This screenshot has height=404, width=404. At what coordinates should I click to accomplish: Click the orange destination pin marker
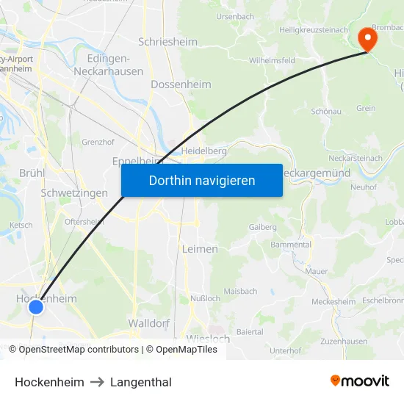coord(365,37)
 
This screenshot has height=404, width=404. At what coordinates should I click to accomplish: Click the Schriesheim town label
coord(167,42)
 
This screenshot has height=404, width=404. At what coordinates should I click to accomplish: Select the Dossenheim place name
coord(181,84)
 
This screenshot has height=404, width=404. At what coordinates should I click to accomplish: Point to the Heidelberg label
coord(203,151)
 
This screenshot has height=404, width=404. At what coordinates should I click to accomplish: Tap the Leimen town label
coord(199,249)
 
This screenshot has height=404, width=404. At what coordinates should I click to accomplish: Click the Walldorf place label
coord(149,323)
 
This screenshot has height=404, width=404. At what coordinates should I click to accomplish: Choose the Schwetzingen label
coord(74,193)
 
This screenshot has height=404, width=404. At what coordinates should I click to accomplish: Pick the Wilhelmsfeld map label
coord(272,60)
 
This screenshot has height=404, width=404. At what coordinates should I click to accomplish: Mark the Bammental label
coord(291,244)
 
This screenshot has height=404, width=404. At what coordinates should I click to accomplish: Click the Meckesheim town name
coord(333,302)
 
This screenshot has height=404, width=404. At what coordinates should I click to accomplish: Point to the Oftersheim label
coord(84,222)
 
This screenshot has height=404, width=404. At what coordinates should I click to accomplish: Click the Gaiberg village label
coord(262,227)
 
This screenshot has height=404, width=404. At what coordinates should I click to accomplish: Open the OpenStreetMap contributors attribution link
coord(78,350)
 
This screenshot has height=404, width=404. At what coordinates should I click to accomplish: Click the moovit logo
coord(360,380)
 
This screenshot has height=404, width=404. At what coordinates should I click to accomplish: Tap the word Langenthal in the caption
coord(141,382)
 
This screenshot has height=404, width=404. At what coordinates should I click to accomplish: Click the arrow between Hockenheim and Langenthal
coord(98,382)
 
